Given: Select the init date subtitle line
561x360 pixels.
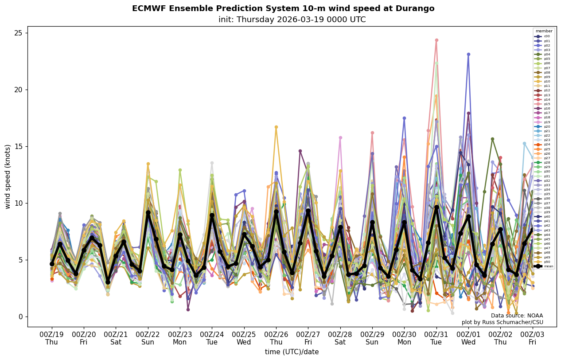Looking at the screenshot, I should pyautogui.click(x=292, y=20).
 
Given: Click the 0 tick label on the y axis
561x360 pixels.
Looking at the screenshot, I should pyautogui.click(x=20, y=317).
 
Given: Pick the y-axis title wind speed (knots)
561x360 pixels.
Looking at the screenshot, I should pyautogui.click(x=8, y=176).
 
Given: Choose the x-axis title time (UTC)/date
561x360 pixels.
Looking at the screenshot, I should pyautogui.click(x=292, y=352).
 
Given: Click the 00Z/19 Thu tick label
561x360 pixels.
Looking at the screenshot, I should pyautogui.click(x=52, y=338).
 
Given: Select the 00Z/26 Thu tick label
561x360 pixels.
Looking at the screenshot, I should pyautogui.click(x=276, y=338).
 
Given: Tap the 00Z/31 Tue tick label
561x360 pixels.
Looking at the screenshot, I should pyautogui.click(x=436, y=338).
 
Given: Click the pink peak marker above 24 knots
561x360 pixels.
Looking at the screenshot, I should pyautogui.click(x=436, y=40).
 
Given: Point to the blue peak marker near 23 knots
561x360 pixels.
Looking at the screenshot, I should pyautogui.click(x=468, y=55).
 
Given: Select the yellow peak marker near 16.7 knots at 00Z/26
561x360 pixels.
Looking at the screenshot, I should pyautogui.click(x=276, y=127).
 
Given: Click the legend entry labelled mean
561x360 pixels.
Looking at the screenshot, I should pyautogui.click(x=544, y=266).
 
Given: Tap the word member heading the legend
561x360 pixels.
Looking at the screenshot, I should pyautogui.click(x=544, y=31).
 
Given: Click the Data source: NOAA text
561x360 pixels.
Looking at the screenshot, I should pyautogui.click(x=517, y=316).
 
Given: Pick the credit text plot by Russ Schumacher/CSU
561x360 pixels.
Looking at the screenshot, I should pyautogui.click(x=502, y=322).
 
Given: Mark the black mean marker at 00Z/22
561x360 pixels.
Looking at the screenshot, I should pyautogui.click(x=148, y=213).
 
